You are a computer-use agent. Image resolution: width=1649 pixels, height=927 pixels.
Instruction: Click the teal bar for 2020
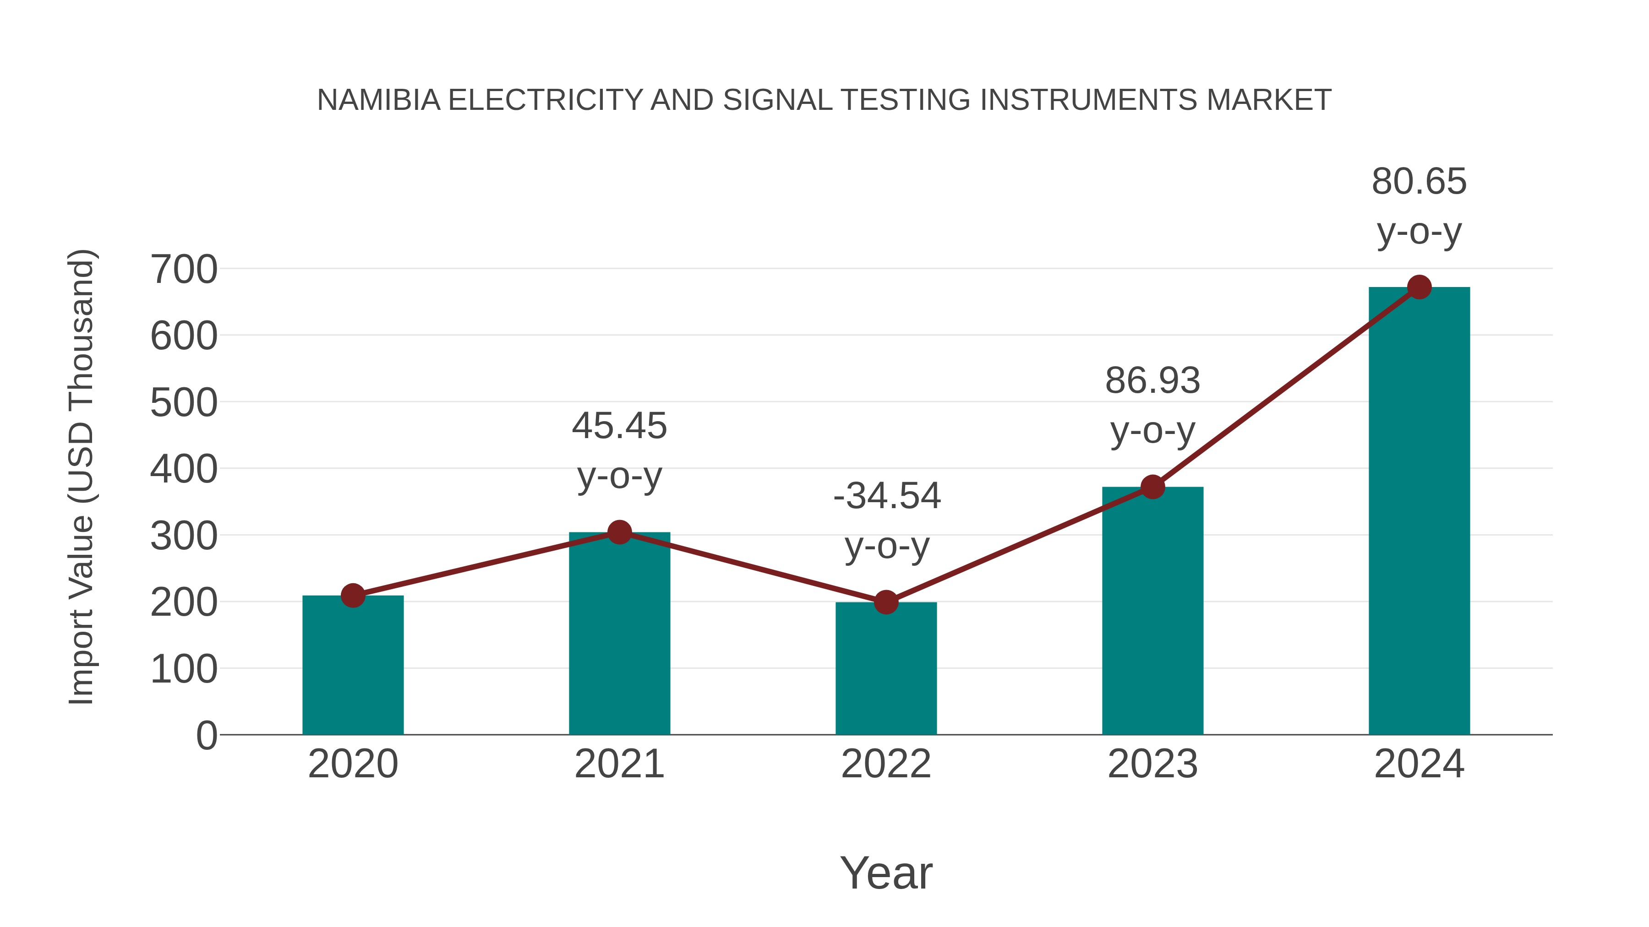tap(353, 665)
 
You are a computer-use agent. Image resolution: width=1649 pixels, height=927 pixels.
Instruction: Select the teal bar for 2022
tap(886, 668)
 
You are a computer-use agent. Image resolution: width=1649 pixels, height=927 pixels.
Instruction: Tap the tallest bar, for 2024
tap(1419, 512)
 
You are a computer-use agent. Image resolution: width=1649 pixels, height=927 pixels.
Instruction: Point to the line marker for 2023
tap(1152, 487)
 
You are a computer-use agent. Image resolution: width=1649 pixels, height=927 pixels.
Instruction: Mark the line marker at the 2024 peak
tap(1419, 287)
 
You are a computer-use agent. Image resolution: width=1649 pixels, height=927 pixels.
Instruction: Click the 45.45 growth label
tap(619, 426)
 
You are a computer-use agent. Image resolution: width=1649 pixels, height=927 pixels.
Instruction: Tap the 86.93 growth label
tap(1152, 381)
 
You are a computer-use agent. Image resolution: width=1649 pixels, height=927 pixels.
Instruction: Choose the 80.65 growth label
tap(1419, 182)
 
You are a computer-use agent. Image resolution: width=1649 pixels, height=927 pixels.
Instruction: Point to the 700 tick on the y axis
tap(184, 269)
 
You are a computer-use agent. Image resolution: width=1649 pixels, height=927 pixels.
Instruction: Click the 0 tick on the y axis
tap(206, 736)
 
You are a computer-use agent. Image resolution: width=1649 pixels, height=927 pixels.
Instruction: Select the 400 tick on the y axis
tap(184, 470)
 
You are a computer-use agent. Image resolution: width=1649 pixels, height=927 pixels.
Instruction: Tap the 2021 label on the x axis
tap(619, 764)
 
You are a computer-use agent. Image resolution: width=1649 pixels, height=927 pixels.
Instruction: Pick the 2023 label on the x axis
tap(1152, 764)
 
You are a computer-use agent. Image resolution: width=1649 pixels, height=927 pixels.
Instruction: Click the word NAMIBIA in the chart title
tap(378, 100)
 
